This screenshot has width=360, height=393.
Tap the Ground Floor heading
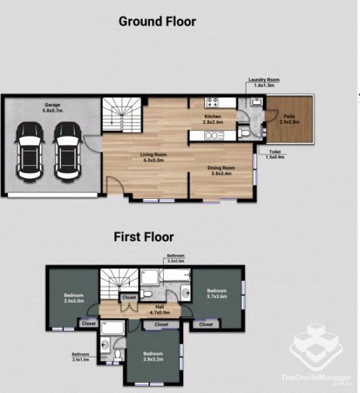click(x=157, y=22)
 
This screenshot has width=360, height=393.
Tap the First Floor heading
click(x=144, y=236)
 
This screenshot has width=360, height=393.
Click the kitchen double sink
click(x=213, y=136)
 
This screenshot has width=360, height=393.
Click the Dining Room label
click(x=221, y=170)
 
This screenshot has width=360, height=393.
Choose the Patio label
click(x=289, y=118)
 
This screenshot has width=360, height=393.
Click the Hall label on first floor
click(x=159, y=306)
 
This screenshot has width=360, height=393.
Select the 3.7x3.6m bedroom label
click(x=216, y=293)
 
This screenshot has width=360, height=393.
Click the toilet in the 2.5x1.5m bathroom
click(x=115, y=354)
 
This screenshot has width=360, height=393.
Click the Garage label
click(x=52, y=107)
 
